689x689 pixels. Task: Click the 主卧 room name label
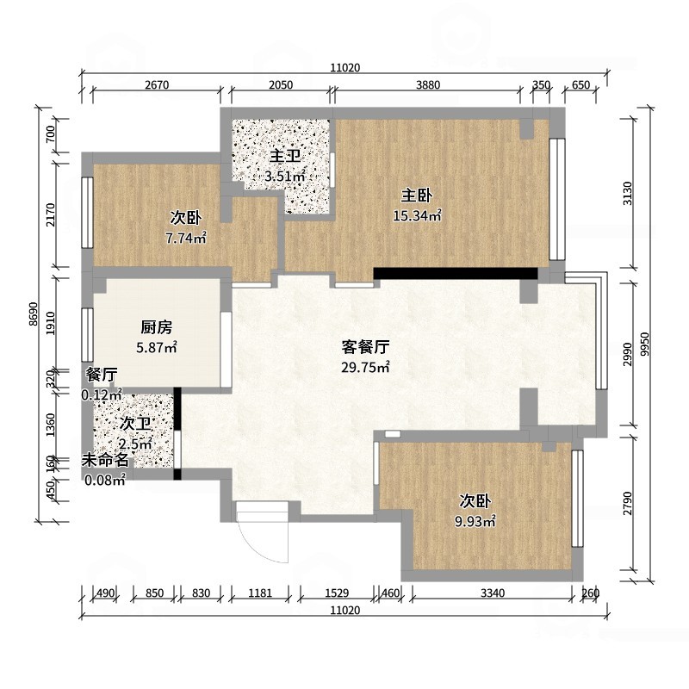coord(417,196)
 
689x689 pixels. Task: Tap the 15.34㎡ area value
coord(417,216)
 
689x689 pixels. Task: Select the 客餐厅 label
coord(365,347)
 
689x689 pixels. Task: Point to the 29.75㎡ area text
coord(365,368)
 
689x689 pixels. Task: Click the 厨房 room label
coord(157,327)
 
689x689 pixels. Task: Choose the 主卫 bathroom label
coord(285,156)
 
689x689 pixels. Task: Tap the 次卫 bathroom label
coord(135,424)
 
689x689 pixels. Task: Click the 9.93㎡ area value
coord(475,522)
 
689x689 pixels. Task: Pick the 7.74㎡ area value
coord(186,239)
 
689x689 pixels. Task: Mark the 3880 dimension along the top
coord(428,84)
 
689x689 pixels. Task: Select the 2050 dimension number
coord(281,84)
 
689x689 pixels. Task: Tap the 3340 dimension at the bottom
coord(493,593)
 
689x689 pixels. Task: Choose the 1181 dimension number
coord(261,593)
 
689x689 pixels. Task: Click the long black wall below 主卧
coord(456,273)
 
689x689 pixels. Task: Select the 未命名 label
coord(105,460)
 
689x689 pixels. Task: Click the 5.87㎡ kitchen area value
coord(157,348)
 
